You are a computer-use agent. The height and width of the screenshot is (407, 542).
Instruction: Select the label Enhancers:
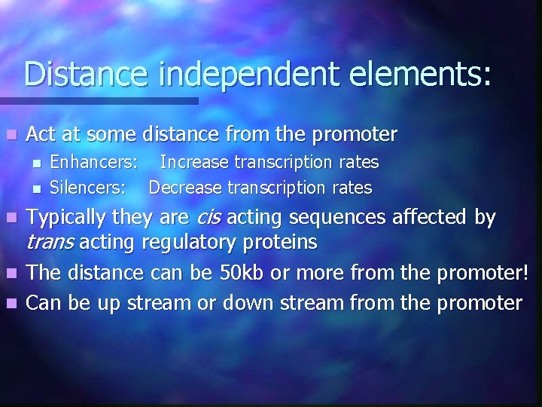(93, 162)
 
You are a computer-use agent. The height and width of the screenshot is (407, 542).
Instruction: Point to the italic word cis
(209, 219)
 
